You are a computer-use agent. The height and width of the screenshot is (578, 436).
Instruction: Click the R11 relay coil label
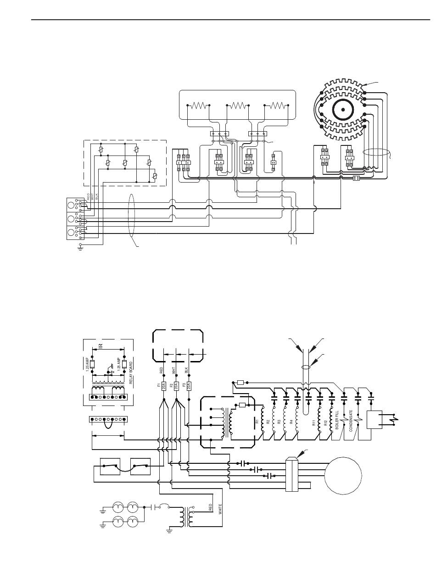pyautogui.click(x=314, y=423)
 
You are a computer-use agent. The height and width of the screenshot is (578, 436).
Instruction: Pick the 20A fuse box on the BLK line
pyautogui.click(x=189, y=385)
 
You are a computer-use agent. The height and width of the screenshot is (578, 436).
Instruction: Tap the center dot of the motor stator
pyautogui.click(x=342, y=109)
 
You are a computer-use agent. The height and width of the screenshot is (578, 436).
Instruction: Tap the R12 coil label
pyautogui.click(x=325, y=423)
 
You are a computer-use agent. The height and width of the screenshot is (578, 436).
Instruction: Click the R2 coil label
pyautogui.click(x=268, y=421)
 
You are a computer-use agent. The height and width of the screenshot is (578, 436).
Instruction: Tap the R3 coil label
pyautogui.click(x=279, y=421)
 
